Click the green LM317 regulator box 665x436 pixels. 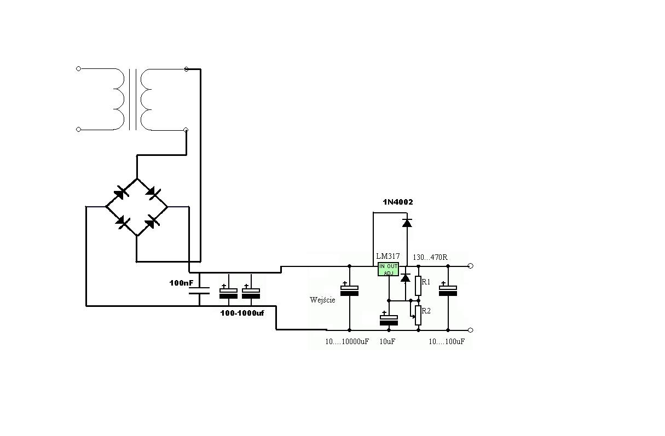click(388, 269)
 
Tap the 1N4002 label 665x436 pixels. click(398, 202)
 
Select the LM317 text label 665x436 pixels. click(388, 256)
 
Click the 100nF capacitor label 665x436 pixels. click(181, 283)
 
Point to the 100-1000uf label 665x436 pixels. click(242, 313)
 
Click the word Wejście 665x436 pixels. click(322, 300)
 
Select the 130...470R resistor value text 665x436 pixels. click(430, 257)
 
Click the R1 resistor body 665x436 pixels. click(418, 286)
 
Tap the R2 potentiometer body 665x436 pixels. click(418, 315)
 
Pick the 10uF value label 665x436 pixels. click(387, 341)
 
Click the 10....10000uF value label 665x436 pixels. click(347, 341)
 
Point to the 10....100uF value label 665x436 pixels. click(447, 341)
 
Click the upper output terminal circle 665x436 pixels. click(470, 266)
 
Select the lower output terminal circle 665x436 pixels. click(470, 330)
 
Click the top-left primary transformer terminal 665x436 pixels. click(78, 69)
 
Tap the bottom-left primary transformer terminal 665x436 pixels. click(78, 130)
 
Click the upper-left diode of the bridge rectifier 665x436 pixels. click(121, 193)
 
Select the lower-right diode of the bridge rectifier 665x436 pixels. click(152, 222)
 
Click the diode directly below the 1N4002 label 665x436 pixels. click(407, 223)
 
